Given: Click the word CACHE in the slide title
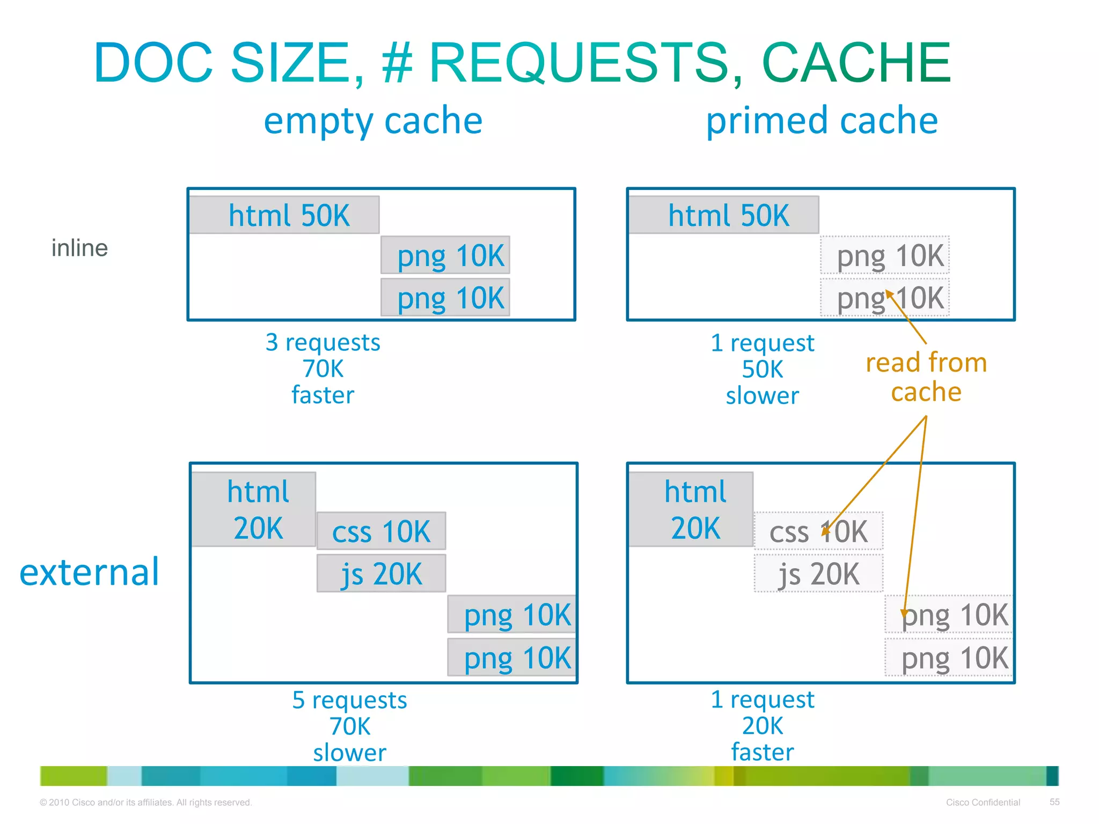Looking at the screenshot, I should click(x=856, y=63).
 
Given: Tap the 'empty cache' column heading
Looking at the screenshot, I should click(x=373, y=121).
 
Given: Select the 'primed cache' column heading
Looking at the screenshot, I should click(x=822, y=121).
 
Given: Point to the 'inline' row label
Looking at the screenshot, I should click(x=79, y=248).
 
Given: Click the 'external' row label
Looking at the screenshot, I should click(x=89, y=572).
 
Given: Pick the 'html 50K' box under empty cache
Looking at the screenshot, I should click(x=284, y=215).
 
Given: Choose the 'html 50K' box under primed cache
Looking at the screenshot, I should click(x=723, y=215).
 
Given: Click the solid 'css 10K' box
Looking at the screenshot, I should click(x=381, y=531).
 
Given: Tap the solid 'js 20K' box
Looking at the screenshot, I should click(x=381, y=573).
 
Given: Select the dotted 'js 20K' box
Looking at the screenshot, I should click(x=818, y=573).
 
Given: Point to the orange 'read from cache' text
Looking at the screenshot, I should click(x=926, y=377).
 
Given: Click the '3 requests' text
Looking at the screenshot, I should click(x=323, y=342).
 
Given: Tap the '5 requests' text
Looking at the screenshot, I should click(x=349, y=700).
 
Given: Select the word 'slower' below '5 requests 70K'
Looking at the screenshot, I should click(x=349, y=753).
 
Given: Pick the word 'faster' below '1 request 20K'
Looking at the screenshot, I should click(x=763, y=752).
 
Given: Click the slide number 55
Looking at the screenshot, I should click(x=1054, y=802).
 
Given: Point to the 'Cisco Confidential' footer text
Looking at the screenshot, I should click(x=983, y=803).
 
